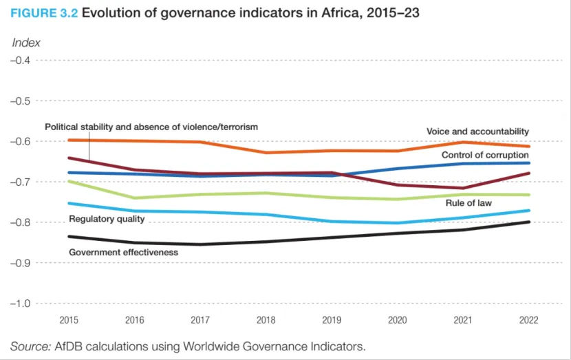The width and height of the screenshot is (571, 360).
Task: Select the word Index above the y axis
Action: [x=26, y=43]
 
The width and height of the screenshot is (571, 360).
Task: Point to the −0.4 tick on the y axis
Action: [x=21, y=61]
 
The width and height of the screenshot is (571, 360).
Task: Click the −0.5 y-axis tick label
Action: [x=21, y=101]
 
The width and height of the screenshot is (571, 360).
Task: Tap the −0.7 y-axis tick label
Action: [x=21, y=182]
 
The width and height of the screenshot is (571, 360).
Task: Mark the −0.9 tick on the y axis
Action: [x=21, y=263]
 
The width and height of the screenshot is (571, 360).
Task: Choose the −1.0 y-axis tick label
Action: [x=21, y=304]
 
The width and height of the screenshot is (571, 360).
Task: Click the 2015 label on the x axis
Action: [x=69, y=320]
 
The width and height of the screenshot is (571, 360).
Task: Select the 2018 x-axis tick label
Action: [x=265, y=320]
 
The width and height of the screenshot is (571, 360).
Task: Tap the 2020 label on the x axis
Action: [x=398, y=320]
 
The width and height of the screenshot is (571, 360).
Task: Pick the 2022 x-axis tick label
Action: [x=529, y=320]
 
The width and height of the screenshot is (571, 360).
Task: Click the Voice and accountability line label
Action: [x=477, y=131]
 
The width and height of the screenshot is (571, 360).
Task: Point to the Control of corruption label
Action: [x=485, y=156]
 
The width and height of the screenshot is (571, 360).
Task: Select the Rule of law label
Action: [x=469, y=203]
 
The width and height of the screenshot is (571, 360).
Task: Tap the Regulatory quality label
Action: [x=107, y=219]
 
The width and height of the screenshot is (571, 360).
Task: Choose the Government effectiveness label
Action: [x=123, y=253]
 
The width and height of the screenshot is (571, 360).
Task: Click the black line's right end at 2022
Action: [x=529, y=222]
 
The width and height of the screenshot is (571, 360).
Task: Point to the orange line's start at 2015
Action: [x=69, y=140]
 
